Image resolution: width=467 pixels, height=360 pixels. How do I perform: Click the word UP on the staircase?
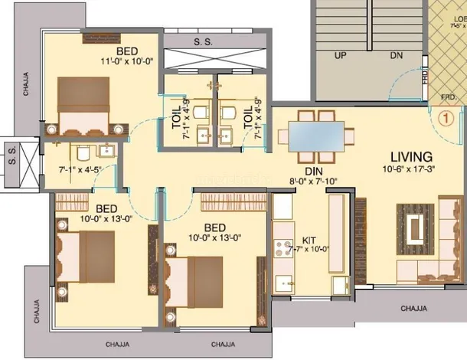pyautogui.click(x=340, y=55)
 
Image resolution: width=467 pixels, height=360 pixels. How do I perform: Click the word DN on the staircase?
pyautogui.click(x=395, y=55)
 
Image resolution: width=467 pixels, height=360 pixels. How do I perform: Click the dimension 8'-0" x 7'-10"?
pyautogui.click(x=312, y=182)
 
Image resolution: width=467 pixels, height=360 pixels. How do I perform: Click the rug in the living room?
pyautogui.click(x=417, y=227)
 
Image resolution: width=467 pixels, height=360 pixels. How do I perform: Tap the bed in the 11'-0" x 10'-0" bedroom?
pyautogui.click(x=90, y=103)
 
